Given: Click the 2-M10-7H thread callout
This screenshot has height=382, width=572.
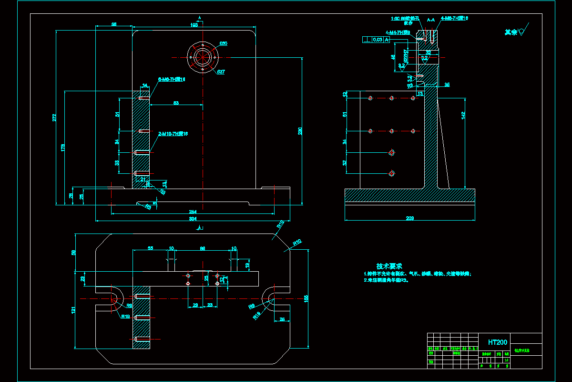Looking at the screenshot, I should (173, 134).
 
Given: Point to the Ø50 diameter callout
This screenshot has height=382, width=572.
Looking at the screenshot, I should (223, 43).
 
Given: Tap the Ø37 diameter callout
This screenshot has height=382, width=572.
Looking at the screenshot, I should (221, 72).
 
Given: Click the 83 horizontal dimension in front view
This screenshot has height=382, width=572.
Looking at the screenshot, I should (176, 103).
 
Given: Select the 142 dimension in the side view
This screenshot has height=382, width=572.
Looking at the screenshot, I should (463, 115).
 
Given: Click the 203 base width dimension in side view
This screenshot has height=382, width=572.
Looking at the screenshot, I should (409, 218).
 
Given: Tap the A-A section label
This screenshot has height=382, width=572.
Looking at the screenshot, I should (430, 20).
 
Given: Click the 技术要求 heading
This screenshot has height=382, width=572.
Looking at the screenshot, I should (389, 265).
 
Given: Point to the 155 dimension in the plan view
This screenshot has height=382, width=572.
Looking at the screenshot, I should (306, 298).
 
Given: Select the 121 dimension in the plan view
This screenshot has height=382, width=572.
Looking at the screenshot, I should (73, 310).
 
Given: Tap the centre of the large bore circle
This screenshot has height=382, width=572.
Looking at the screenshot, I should (203, 57).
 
